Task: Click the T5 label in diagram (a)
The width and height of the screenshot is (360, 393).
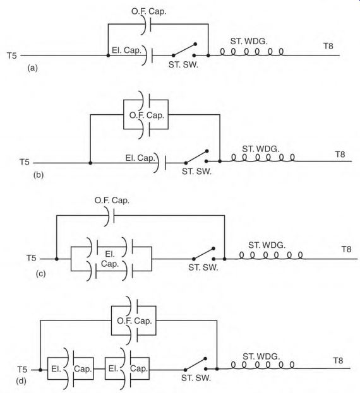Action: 12,56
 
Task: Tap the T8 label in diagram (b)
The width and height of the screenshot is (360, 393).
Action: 340,155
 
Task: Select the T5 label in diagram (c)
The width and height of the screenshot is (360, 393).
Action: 31,258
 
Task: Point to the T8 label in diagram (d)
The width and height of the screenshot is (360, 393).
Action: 338,361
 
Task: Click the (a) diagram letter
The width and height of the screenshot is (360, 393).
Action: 33,68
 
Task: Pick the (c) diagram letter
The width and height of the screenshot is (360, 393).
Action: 40,274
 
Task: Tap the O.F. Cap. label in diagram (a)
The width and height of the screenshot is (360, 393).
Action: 149,11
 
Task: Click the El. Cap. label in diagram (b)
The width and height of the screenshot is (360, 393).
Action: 140,158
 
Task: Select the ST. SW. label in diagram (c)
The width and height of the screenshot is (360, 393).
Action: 203,267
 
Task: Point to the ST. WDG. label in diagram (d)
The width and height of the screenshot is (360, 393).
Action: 261,356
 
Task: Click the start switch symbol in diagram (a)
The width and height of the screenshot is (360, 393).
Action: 184,50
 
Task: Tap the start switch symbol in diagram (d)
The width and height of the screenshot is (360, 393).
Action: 195,364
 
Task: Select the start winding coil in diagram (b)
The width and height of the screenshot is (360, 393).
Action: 263,158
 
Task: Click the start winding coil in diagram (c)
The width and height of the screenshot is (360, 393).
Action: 271,255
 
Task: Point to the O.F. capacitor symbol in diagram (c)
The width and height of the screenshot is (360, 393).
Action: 110,215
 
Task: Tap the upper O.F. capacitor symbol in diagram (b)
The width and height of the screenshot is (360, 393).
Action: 145,100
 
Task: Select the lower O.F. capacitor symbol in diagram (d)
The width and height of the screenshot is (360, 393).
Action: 133,335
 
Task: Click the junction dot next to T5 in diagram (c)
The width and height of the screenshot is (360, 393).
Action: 57,259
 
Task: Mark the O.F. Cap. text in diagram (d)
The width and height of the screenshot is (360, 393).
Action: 135,321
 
